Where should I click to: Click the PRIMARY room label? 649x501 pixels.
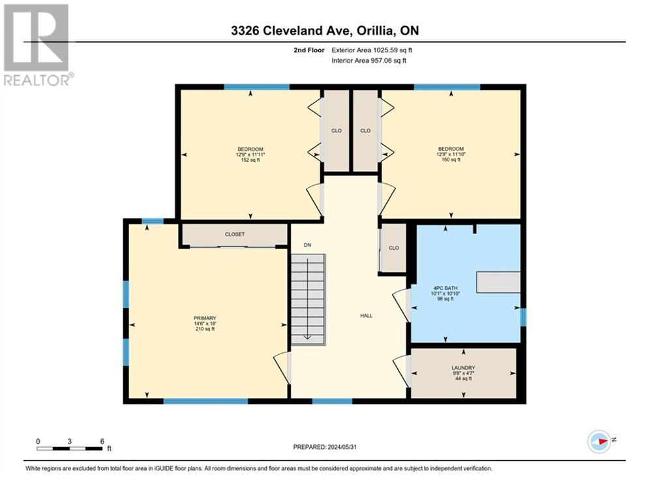[204, 318]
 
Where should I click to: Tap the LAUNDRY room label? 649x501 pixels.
[463, 368]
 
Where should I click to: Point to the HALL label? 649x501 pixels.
[366, 316]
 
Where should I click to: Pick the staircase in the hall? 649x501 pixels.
[307, 298]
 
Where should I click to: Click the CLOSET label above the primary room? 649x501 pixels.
[235, 234]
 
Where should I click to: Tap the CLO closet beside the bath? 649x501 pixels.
[393, 248]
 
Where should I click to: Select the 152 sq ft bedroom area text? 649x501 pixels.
[250, 160]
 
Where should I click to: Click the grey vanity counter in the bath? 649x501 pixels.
[498, 282]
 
